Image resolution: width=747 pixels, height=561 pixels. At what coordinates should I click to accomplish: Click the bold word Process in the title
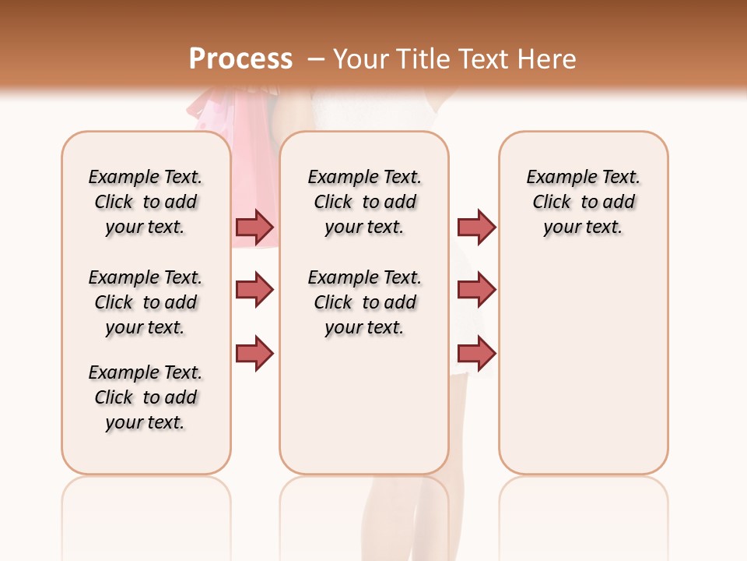240,59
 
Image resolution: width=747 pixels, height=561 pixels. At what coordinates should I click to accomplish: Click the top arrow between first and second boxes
254,227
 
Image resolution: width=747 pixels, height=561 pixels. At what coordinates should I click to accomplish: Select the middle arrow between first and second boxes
254,290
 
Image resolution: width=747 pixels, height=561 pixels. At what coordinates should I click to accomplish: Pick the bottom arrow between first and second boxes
254,353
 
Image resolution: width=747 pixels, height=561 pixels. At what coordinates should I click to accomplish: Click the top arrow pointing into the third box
476,227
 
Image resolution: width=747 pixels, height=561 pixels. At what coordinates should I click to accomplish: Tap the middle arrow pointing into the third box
476,290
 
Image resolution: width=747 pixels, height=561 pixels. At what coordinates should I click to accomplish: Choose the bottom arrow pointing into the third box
476,353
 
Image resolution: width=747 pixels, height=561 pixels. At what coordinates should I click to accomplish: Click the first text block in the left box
146,202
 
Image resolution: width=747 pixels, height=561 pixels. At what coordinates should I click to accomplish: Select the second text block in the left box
146,302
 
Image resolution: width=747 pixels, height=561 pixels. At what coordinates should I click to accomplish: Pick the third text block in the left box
146,397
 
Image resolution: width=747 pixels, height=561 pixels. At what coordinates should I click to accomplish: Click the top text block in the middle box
364,202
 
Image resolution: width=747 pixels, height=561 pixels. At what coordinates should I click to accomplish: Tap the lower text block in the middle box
364,302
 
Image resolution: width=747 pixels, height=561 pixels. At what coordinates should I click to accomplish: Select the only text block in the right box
583,202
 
